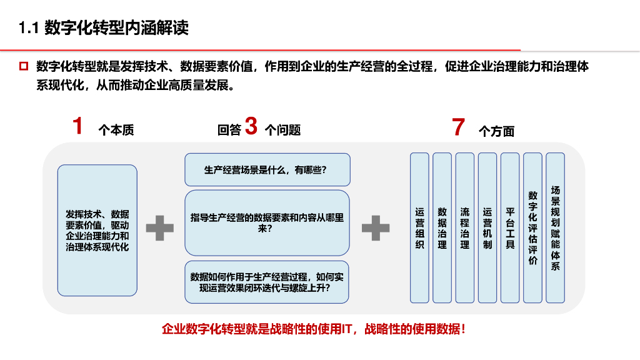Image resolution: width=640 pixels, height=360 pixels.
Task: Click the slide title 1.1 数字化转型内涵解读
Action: click(x=104, y=28)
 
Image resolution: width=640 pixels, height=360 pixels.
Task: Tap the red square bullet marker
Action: click(x=24, y=66)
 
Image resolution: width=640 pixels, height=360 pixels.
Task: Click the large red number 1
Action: click(x=77, y=126)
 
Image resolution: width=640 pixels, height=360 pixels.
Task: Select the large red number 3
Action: click(x=251, y=126)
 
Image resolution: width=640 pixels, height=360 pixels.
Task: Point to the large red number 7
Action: click(x=459, y=127)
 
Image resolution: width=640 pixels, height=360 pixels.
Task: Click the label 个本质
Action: click(x=116, y=131)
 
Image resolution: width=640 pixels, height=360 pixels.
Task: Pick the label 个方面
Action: click(x=496, y=131)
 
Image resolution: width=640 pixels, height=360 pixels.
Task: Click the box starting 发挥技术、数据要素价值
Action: click(x=97, y=230)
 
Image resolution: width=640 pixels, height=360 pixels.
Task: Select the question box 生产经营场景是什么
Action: click(x=267, y=169)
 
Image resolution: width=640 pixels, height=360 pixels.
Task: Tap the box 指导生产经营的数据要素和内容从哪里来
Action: click(x=267, y=222)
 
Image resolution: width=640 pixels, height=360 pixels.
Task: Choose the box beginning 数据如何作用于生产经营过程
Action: click(x=267, y=282)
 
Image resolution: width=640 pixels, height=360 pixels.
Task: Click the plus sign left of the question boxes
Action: click(x=160, y=228)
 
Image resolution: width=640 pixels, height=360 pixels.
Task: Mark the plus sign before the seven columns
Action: click(x=376, y=228)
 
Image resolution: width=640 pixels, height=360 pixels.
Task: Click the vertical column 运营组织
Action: click(x=419, y=227)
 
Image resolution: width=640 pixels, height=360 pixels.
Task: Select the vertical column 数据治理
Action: click(x=442, y=227)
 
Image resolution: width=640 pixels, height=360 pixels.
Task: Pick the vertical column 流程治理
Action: click(x=464, y=227)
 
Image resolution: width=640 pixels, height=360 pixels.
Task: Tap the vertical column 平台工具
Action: click(x=510, y=227)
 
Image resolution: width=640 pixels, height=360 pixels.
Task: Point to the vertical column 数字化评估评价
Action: click(x=532, y=227)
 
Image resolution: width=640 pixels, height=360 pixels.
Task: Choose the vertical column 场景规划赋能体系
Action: click(x=555, y=227)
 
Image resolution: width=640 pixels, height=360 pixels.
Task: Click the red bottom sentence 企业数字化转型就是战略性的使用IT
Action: click(x=314, y=329)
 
